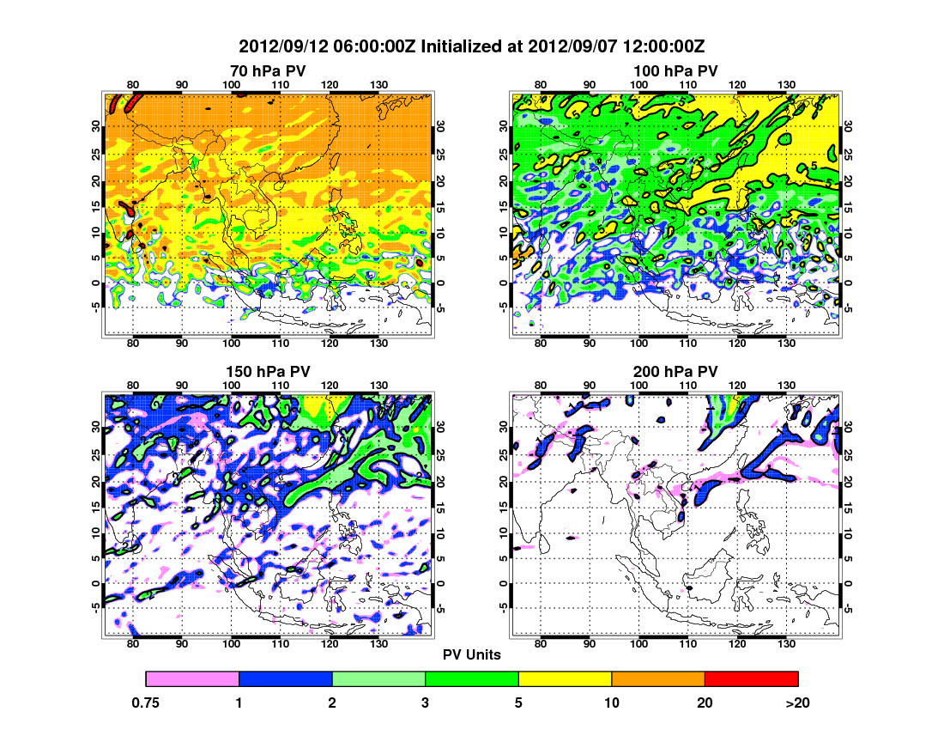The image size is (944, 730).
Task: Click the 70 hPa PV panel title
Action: pos(267,70)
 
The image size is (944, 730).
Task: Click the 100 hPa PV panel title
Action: pos(675,70)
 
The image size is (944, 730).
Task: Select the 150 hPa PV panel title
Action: pos(267,371)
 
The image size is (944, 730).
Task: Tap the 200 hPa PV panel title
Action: pos(675,371)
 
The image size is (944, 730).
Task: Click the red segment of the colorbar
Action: pos(751,678)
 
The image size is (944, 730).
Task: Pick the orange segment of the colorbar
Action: pos(658,678)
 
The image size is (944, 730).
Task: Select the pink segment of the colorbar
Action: pos(192,678)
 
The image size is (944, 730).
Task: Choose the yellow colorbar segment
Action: pos(565,678)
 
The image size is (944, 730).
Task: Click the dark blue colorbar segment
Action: pos(285,678)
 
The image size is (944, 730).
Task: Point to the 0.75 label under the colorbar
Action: pos(147,703)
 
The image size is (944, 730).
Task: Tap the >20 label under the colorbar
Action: pos(797,703)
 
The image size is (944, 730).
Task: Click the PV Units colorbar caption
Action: pos(472,654)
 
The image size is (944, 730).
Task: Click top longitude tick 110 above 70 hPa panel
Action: pos(280,84)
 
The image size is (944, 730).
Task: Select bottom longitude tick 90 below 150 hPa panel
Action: pos(182,644)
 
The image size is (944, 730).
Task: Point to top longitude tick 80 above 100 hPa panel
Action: pos(541,84)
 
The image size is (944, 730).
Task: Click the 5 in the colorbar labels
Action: pos(518,703)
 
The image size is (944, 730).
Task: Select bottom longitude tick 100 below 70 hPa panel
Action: pos(231,344)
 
